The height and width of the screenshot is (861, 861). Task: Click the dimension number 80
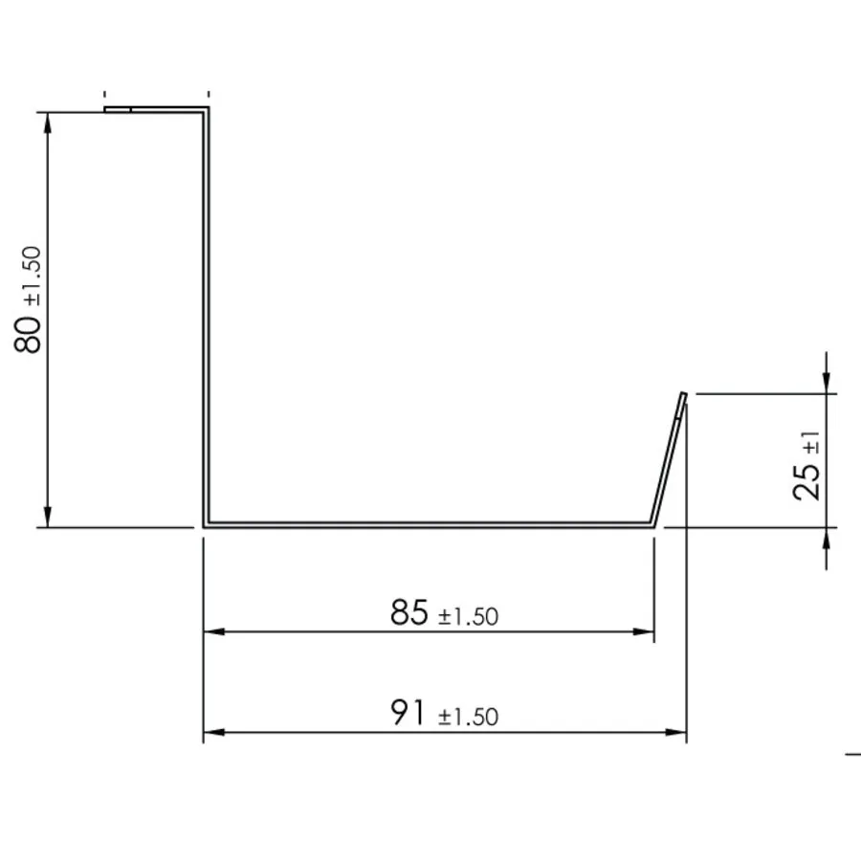point(28,335)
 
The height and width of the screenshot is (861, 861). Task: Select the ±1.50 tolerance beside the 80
point(33,276)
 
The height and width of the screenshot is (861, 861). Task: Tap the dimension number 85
point(409,612)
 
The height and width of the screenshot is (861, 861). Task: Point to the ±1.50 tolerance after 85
point(469,617)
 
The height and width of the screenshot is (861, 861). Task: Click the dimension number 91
point(408,712)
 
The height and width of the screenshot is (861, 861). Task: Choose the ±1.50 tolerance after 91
point(469,717)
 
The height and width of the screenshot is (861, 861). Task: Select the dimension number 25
point(806,481)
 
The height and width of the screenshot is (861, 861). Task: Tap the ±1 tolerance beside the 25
point(811,443)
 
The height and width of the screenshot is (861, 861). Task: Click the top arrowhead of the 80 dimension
point(48,123)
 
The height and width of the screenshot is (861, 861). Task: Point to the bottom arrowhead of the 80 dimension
point(48,517)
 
